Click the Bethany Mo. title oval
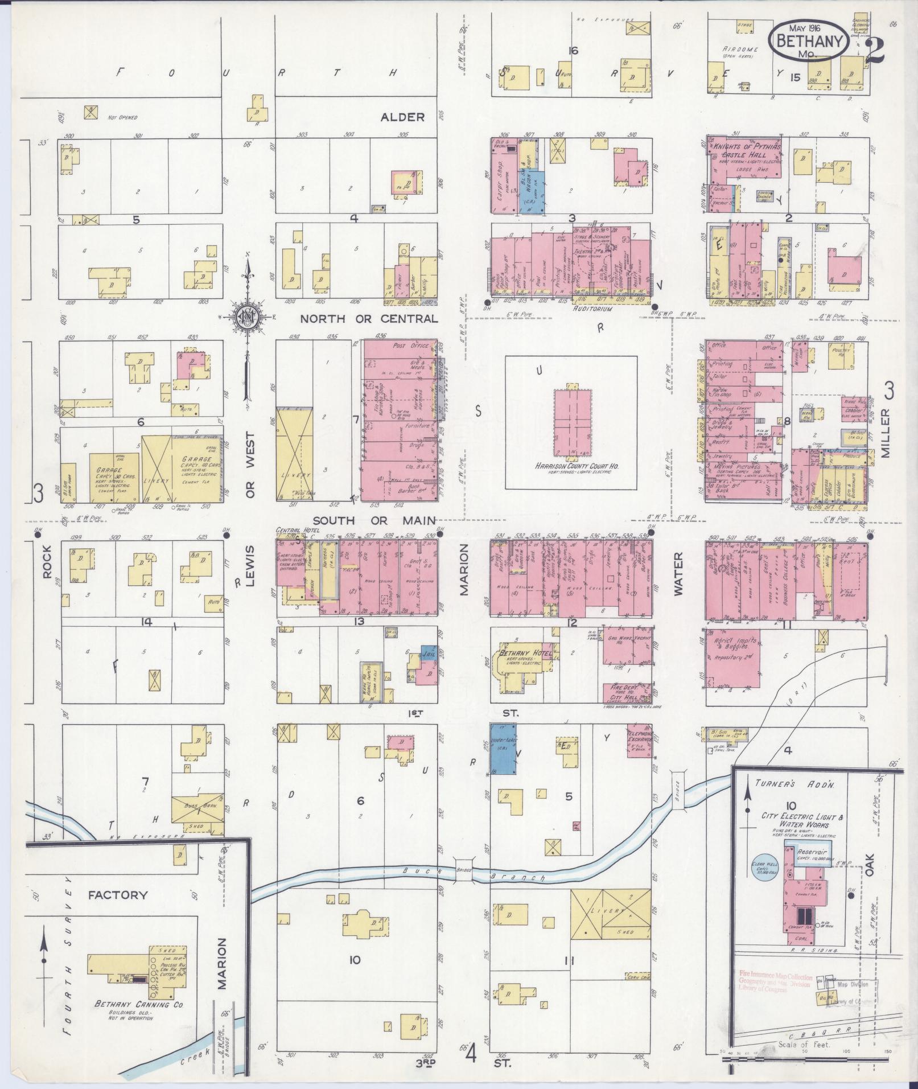(x=808, y=39)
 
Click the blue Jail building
(x=429, y=655)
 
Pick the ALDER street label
(x=402, y=117)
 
